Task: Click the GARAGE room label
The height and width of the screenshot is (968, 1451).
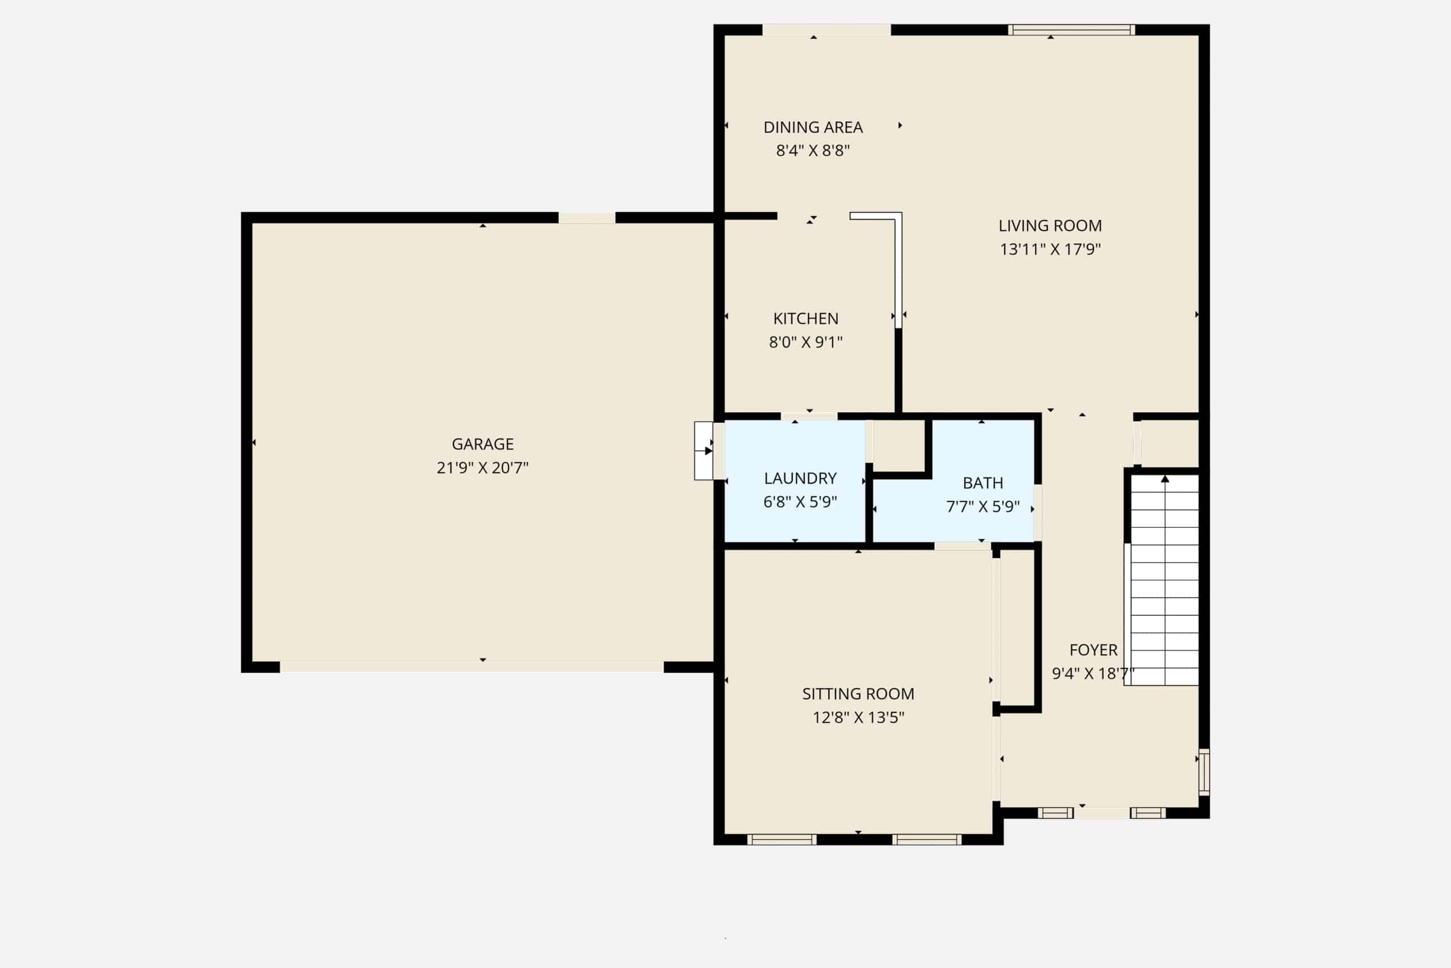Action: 482,444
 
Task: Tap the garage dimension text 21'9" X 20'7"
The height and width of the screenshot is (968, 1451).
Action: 482,467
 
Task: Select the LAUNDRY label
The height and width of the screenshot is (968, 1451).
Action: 800,479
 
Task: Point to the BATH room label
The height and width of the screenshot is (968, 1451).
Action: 983,483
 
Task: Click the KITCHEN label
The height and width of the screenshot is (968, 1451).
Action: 805,319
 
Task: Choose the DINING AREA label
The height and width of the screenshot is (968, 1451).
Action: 813,127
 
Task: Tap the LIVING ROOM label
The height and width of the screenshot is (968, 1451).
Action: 1050,226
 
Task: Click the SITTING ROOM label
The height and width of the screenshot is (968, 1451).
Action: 858,694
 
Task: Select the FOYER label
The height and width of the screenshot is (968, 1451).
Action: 1093,650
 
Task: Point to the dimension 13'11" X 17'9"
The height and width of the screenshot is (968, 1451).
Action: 1050,249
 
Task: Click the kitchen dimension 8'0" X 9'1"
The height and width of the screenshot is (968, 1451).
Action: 805,341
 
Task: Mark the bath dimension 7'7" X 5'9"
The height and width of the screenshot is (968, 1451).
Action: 983,506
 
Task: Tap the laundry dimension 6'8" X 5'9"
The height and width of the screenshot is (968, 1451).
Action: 800,501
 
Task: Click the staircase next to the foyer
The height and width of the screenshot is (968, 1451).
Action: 1165,580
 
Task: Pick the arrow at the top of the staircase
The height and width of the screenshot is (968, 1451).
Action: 1165,479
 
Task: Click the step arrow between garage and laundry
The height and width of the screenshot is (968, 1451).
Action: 708,451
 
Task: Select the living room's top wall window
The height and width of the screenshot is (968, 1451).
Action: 1072,29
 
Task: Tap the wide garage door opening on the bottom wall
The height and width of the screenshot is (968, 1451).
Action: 472,667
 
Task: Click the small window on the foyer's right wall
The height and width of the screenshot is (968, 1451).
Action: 1204,772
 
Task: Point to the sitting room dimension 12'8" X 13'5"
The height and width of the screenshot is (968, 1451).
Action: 858,717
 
